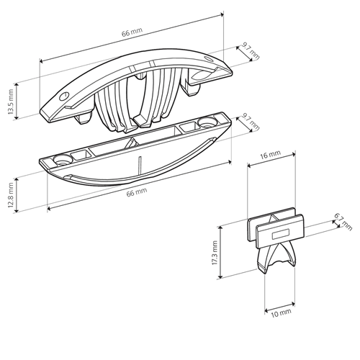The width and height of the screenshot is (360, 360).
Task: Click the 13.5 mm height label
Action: (x=11, y=102)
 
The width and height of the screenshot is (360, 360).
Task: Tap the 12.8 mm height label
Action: (x=11, y=195)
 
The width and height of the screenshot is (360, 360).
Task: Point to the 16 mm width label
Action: (x=270, y=155)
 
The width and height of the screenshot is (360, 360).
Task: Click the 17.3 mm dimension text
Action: (x=215, y=253)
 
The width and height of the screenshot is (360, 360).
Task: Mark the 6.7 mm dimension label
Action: (x=343, y=222)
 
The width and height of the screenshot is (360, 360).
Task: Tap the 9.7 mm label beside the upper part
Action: (x=251, y=51)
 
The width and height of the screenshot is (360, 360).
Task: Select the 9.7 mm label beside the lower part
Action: (x=251, y=122)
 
